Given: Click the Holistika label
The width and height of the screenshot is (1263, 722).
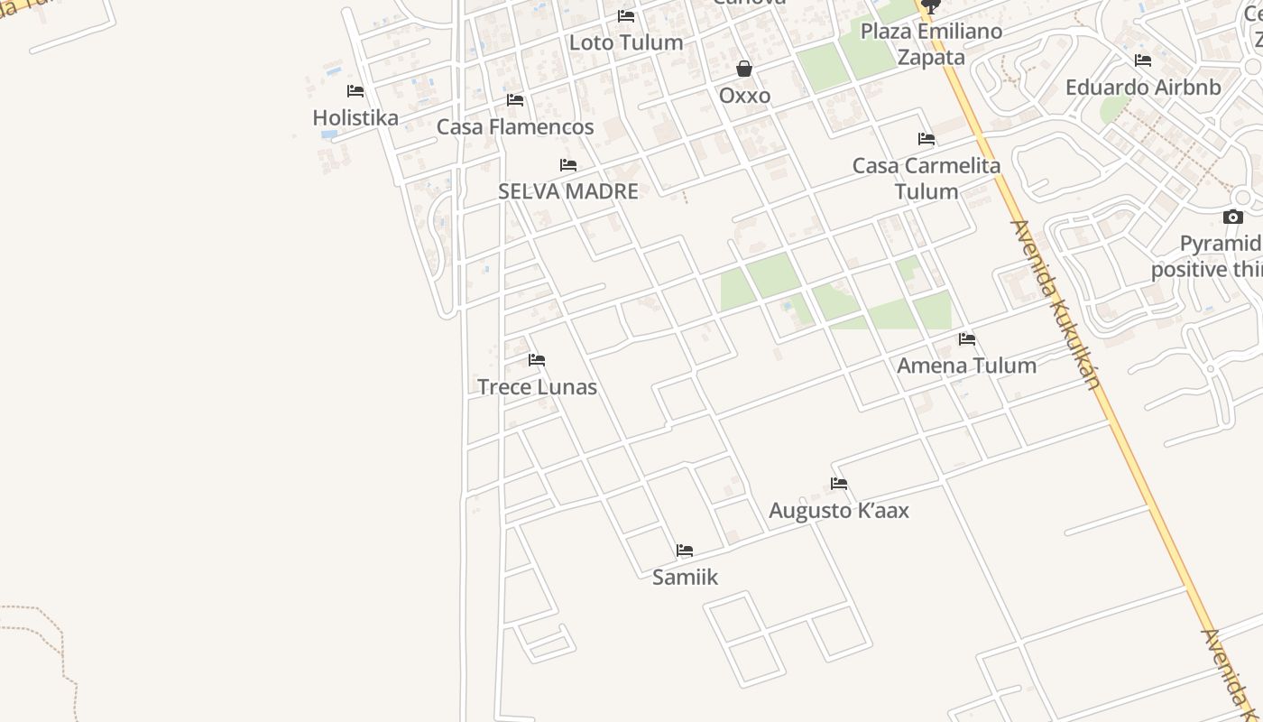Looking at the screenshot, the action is click(x=355, y=117).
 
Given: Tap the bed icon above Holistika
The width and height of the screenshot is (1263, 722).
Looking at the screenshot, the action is click(x=355, y=91).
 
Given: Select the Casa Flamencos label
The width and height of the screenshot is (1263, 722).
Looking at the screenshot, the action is click(x=515, y=126).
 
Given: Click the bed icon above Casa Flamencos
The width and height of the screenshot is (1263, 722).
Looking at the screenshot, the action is click(x=515, y=100).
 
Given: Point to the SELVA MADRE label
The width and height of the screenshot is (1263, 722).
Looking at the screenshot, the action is click(x=568, y=191).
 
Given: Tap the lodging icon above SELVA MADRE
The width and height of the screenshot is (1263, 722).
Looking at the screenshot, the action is click(x=568, y=165).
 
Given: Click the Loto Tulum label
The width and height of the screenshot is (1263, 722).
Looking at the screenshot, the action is click(x=626, y=42).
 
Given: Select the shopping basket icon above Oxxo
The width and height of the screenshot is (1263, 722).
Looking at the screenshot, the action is click(x=744, y=69).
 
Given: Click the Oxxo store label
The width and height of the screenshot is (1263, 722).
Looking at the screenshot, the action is click(x=744, y=96).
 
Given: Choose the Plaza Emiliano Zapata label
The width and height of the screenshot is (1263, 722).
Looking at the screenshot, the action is click(x=931, y=44).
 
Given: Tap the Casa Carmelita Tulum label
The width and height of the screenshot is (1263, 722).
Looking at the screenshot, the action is click(x=927, y=178).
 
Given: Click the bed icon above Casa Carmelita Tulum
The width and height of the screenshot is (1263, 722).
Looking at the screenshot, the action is click(x=927, y=139).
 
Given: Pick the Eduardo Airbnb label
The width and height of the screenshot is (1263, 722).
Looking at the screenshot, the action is click(x=1143, y=88).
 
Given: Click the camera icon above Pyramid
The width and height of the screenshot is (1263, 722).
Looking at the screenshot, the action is click(x=1233, y=217).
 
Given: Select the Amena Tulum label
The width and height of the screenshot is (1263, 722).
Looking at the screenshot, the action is click(x=966, y=366).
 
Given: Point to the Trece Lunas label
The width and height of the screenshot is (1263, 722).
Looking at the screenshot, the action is click(x=537, y=387).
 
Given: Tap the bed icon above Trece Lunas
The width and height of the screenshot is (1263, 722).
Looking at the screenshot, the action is click(x=537, y=360).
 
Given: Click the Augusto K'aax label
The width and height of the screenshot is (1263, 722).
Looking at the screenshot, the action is click(x=839, y=511).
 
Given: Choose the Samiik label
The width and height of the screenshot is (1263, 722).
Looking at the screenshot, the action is click(x=685, y=577).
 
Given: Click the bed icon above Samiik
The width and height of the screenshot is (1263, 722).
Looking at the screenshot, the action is click(x=685, y=551).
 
